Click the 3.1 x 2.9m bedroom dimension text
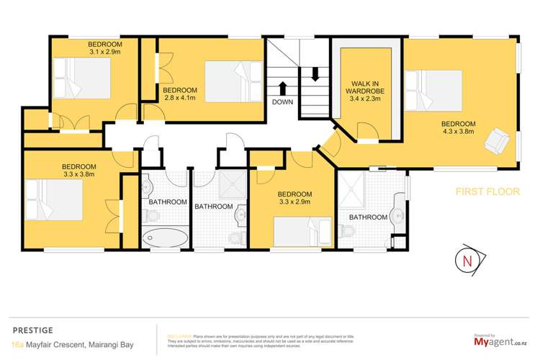[86, 52]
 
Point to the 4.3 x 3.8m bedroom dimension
[459, 132]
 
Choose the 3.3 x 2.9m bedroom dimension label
[294, 203]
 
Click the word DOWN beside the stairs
[282, 102]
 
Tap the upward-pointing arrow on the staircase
[282, 87]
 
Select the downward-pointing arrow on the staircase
[314, 73]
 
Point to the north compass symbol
[469, 260]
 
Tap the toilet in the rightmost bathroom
[348, 230]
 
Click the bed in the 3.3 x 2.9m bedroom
[302, 231]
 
